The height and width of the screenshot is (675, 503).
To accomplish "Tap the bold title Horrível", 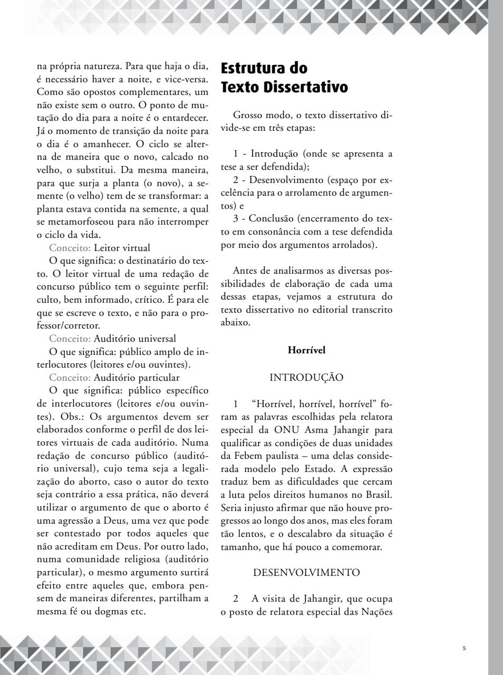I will point(306,350).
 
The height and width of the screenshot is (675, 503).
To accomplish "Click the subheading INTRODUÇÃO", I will point(306,378).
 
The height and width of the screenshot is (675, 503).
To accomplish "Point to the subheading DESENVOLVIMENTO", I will point(306,572).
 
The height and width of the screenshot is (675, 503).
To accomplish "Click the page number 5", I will point(464,648).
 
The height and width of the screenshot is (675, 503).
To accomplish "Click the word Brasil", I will point(379,495).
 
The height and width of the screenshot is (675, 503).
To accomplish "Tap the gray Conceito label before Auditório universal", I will point(70,339).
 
